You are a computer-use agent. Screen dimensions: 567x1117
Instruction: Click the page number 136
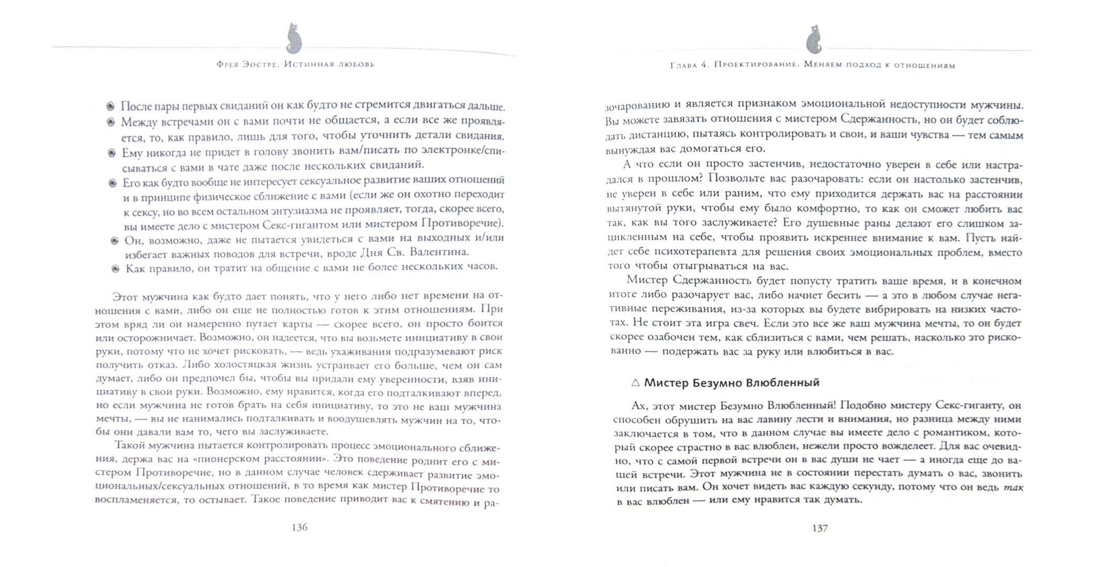(x=299, y=527)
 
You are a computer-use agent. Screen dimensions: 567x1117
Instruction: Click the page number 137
(x=819, y=528)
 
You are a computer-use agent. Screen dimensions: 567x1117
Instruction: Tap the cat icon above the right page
(x=814, y=39)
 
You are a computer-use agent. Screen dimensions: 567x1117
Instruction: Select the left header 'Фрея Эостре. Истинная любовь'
(x=296, y=64)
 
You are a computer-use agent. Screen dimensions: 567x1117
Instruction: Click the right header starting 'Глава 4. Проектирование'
(x=813, y=66)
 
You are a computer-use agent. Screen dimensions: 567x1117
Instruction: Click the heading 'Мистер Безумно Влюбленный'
(x=732, y=383)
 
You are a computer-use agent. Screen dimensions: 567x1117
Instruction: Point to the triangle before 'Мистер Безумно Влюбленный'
(x=635, y=383)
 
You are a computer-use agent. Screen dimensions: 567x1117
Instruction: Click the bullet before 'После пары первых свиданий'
(x=110, y=107)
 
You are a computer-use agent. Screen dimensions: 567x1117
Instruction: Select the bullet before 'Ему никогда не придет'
(x=111, y=153)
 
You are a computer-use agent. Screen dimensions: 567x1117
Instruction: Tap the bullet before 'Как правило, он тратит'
(x=115, y=269)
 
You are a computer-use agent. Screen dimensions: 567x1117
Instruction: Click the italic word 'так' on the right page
(x=1013, y=487)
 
